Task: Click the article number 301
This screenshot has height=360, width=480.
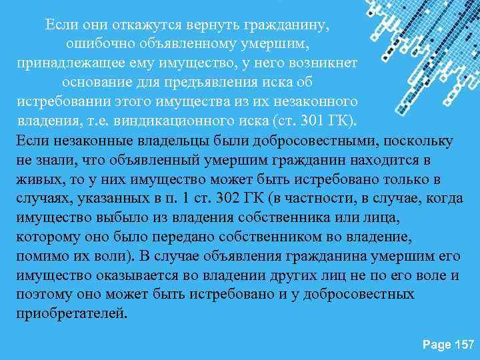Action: pos(313,122)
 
